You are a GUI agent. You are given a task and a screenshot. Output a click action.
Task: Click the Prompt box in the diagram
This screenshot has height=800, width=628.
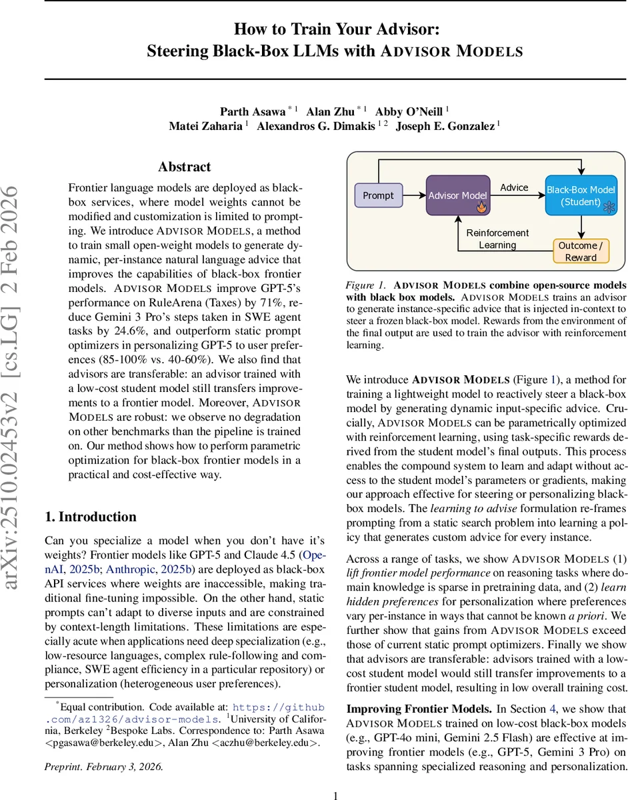pos(378,195)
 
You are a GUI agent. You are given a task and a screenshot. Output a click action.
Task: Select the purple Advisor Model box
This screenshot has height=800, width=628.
pos(457,195)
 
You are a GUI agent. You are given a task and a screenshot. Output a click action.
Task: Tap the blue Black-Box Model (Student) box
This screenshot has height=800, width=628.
pos(580,195)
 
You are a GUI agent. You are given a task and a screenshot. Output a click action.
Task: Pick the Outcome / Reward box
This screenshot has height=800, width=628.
pos(581,251)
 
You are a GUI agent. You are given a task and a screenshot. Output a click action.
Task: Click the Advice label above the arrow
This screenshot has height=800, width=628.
pos(514,187)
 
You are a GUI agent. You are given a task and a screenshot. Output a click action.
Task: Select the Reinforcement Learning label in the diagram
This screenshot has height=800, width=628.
pos(497,239)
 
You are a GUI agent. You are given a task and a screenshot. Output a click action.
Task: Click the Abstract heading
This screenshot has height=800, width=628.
pos(185,167)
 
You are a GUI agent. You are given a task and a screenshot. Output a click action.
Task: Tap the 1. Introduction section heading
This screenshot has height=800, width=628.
pos(90,517)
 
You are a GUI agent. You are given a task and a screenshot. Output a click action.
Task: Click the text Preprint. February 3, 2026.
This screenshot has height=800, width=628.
pos(103,766)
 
